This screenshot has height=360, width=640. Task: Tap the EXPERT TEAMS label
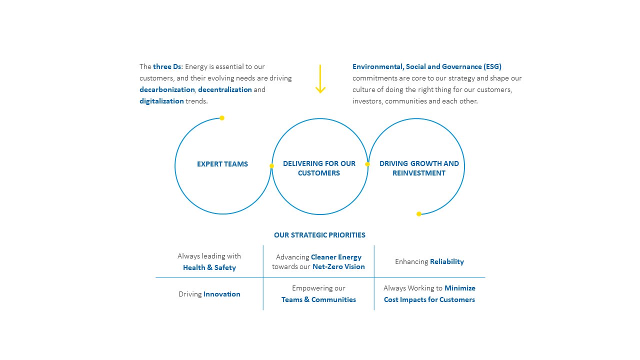click(x=222, y=164)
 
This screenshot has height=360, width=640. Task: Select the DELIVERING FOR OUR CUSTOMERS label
click(x=319, y=168)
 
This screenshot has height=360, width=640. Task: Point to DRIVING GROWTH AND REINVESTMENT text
click(x=419, y=168)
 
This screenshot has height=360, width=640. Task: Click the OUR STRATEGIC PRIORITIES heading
click(x=319, y=235)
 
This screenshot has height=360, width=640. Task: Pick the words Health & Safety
click(x=209, y=267)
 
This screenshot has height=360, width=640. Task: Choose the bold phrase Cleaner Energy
click(x=336, y=257)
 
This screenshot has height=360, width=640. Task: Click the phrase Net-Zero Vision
click(x=338, y=266)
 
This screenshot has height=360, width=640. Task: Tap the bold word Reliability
click(x=447, y=261)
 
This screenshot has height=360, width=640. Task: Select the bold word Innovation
click(x=222, y=294)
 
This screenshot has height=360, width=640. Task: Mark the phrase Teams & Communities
click(x=318, y=299)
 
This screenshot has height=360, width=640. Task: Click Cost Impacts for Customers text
click(x=429, y=299)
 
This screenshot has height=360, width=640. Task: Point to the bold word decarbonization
click(x=167, y=89)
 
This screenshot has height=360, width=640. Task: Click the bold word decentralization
click(x=225, y=89)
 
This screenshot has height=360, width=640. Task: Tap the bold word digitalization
click(x=161, y=101)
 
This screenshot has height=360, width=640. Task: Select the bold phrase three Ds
click(x=167, y=66)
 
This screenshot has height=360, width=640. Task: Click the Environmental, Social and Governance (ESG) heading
click(x=427, y=66)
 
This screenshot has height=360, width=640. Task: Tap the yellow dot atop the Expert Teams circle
click(x=222, y=118)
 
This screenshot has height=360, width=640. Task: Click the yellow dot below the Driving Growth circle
click(x=419, y=214)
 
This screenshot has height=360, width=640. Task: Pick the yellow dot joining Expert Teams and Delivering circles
click(x=271, y=166)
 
